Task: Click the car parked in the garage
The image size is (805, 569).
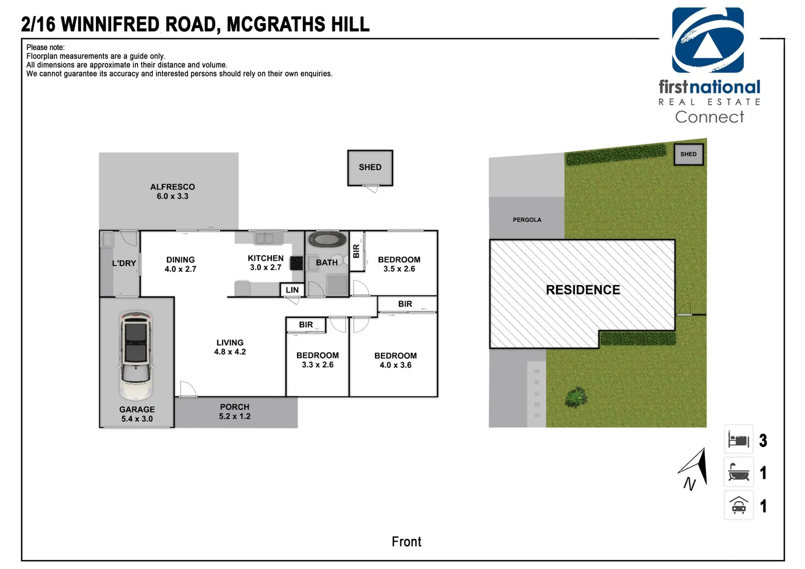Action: click(x=135, y=355)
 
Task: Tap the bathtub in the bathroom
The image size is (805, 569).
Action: click(x=327, y=240)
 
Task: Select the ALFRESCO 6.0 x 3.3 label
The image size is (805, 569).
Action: click(x=172, y=192)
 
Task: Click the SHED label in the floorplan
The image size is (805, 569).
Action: click(x=370, y=167)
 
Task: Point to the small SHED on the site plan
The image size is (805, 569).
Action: click(x=688, y=154)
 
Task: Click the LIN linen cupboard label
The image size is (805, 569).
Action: click(x=292, y=290)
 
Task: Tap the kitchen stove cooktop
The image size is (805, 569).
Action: click(x=297, y=263)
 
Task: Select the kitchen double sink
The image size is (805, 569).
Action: click(x=264, y=238)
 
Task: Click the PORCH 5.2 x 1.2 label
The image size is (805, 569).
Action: click(x=234, y=411)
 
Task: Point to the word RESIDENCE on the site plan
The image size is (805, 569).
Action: click(x=583, y=290)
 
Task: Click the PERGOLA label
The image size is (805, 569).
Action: click(x=527, y=220)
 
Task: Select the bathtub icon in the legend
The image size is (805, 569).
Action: click(x=739, y=472)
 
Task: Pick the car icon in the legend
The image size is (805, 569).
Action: click(x=739, y=505)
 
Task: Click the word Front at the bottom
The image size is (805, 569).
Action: click(x=407, y=542)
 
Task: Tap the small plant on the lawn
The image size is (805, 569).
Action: click(x=576, y=397)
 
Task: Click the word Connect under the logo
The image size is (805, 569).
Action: click(x=710, y=117)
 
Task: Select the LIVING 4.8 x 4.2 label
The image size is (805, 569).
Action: click(x=230, y=347)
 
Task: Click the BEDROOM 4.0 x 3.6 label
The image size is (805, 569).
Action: click(x=396, y=360)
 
